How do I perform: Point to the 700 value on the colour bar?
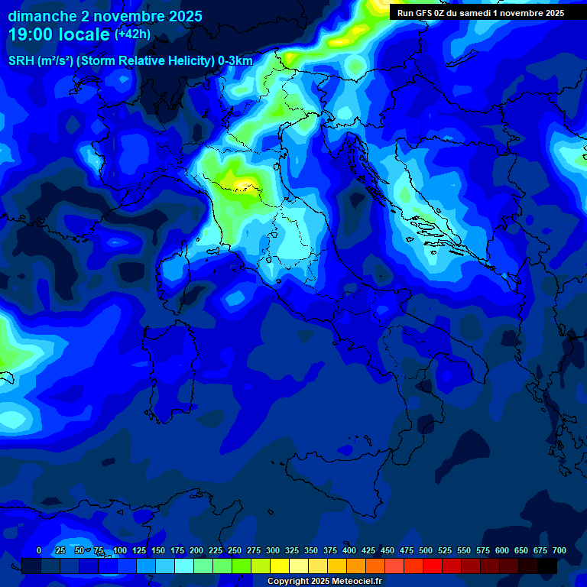click(x=559, y=550)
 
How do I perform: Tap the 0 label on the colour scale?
click(x=39, y=550)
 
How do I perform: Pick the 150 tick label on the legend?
click(x=158, y=550)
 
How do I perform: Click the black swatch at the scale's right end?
click(x=547, y=566)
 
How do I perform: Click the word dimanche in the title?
click(x=43, y=16)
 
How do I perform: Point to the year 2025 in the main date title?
click(x=185, y=16)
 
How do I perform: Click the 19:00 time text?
click(x=31, y=34)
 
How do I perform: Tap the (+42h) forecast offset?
click(x=132, y=34)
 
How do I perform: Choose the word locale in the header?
click(x=83, y=34)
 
